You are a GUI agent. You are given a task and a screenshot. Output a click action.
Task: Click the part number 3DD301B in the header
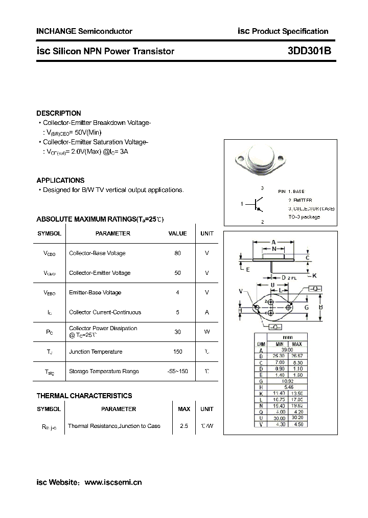[x=309, y=51]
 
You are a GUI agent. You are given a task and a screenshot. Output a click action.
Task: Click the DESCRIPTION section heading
[x=59, y=113]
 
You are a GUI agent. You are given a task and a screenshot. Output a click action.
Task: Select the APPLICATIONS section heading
[x=60, y=180]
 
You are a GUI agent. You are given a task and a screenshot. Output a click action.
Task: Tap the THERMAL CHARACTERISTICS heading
[x=84, y=396]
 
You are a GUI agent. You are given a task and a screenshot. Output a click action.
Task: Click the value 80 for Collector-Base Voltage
[x=177, y=253]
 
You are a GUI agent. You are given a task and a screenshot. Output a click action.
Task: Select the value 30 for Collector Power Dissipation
[x=177, y=332]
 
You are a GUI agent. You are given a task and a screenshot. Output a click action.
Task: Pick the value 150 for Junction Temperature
[x=177, y=352]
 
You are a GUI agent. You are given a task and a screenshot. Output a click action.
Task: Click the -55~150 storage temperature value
[x=177, y=371]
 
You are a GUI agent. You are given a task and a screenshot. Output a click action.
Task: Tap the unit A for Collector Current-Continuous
[x=207, y=312]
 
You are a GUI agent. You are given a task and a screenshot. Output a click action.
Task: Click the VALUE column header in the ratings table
[x=177, y=233]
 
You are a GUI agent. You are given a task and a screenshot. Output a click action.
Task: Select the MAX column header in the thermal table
[x=184, y=409]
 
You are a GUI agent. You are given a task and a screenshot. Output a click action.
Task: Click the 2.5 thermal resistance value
[x=184, y=426]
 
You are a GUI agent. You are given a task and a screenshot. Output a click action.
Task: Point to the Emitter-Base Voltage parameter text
[x=95, y=293]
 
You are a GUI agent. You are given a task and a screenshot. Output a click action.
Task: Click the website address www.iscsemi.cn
[x=113, y=482]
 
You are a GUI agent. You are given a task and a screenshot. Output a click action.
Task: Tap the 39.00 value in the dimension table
[x=288, y=350]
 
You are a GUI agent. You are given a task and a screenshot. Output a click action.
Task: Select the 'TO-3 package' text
[x=304, y=217]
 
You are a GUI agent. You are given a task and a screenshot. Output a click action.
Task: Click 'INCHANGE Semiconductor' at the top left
[x=84, y=31]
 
